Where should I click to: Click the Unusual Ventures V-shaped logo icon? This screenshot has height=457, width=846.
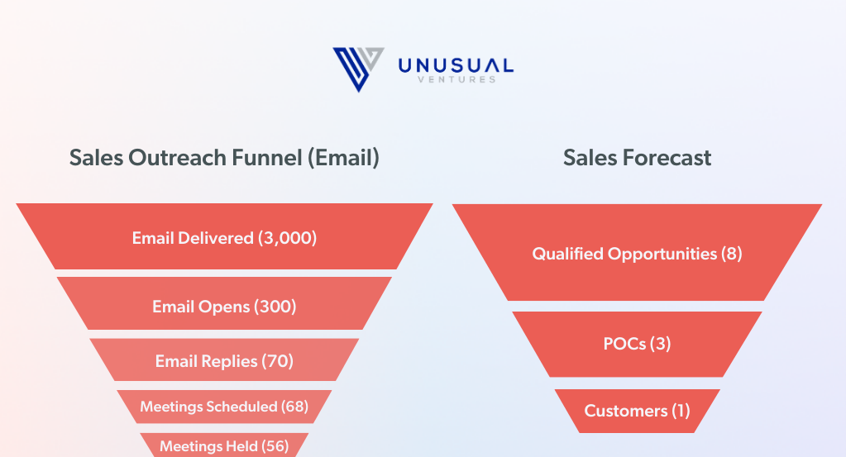tap(358, 69)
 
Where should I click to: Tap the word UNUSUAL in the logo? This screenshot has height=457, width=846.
tap(456, 66)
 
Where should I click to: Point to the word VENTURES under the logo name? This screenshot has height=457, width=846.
tap(456, 80)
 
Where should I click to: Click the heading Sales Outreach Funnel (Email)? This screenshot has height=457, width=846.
tap(224, 158)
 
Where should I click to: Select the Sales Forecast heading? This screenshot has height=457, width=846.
tap(638, 158)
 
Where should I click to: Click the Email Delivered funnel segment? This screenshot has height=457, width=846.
tap(224, 236)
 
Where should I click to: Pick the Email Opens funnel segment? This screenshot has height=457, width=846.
tap(224, 303)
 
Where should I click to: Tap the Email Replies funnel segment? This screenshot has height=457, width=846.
tap(224, 360)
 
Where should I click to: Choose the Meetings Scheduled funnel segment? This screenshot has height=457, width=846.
tap(224, 407)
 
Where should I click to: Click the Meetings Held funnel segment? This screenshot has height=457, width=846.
tap(224, 445)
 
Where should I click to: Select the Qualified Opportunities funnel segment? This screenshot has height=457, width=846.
tap(638, 252)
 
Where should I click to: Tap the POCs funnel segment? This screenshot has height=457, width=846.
tap(638, 345)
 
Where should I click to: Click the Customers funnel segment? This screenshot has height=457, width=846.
tap(638, 412)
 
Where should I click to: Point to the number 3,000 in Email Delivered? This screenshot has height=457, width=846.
tap(287, 238)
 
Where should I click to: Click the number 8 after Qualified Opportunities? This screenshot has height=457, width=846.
tap(732, 254)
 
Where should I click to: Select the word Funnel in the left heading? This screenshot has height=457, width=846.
tap(267, 158)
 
